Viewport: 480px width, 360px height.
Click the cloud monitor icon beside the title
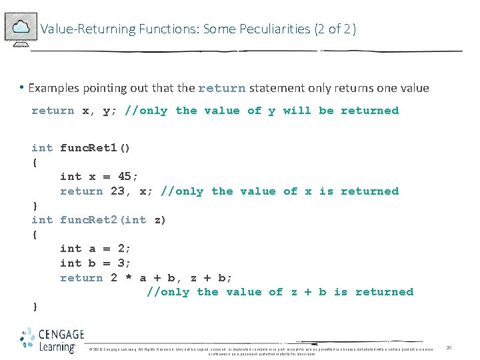(20, 28)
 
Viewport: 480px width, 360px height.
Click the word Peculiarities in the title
(279, 29)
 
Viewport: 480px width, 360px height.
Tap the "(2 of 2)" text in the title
(335, 29)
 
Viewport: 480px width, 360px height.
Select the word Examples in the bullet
(53, 88)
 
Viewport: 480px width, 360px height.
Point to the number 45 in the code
(124, 177)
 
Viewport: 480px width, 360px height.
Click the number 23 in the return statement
(117, 191)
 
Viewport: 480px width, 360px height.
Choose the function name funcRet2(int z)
(113, 220)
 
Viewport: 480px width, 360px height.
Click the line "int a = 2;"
(96, 249)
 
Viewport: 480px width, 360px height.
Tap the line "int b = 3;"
(96, 263)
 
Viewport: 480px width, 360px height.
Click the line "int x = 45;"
(99, 177)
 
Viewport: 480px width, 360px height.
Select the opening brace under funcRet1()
(35, 163)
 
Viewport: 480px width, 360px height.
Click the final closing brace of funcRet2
(35, 307)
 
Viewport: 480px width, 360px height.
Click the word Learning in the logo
(56, 347)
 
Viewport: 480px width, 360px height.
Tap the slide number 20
(449, 348)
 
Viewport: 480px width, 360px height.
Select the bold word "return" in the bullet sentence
(222, 88)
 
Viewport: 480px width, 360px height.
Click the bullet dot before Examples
(22, 87)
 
